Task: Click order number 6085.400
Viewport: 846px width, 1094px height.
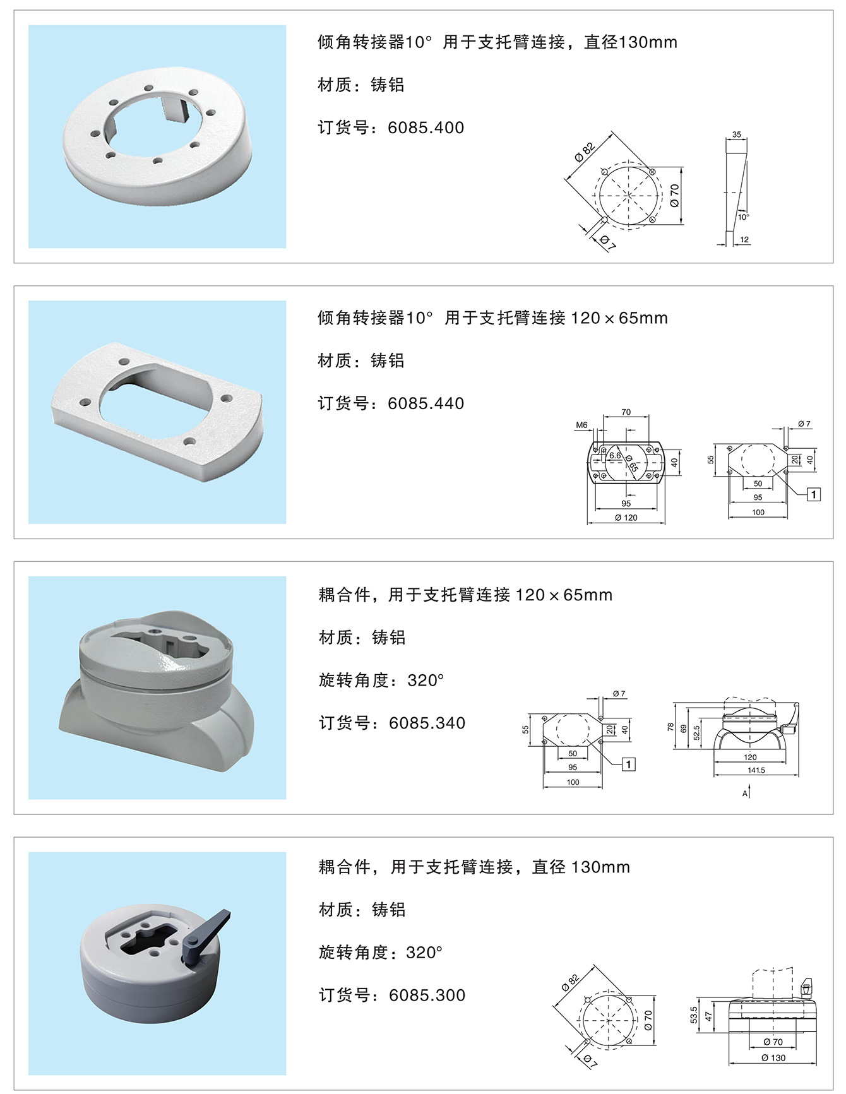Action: [426, 128]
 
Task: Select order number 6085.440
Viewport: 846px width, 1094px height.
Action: [426, 403]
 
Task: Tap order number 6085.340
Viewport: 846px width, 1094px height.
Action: [427, 723]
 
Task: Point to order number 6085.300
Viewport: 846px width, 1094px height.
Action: [427, 996]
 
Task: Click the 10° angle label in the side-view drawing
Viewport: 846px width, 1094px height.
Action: [744, 217]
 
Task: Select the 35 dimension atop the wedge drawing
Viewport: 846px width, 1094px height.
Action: [737, 134]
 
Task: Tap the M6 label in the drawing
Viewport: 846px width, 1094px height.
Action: [581, 425]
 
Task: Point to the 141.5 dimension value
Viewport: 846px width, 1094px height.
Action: [756, 770]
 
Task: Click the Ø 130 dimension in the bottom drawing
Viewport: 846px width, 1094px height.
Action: [773, 1058]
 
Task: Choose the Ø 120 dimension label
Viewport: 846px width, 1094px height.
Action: [626, 518]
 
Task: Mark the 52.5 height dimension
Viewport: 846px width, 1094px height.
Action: [696, 733]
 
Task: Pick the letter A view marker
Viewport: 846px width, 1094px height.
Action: [745, 794]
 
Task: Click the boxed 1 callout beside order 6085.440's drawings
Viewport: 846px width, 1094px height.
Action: [814, 494]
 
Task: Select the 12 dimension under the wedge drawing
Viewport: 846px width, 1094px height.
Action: [744, 240]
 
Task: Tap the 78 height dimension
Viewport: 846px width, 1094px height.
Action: [670, 727]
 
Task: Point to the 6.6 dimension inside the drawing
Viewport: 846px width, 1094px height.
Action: [615, 456]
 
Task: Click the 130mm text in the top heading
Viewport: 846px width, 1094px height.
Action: [648, 42]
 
